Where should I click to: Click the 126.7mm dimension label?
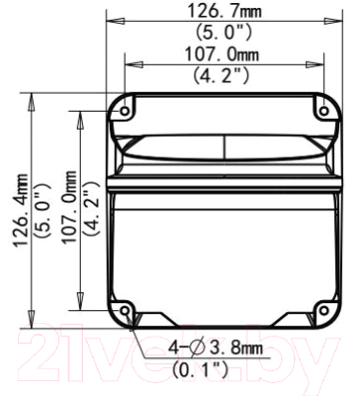[224, 11]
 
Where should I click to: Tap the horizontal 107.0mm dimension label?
[221, 55]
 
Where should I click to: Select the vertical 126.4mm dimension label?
[21, 208]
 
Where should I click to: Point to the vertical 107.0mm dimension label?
[70, 206]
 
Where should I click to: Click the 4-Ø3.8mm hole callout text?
[215, 348]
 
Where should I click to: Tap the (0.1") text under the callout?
[200, 368]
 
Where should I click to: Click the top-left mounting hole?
[125, 111]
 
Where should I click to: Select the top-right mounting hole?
[324, 111]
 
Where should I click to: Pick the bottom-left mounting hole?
[125, 310]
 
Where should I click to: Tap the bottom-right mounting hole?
[324, 310]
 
